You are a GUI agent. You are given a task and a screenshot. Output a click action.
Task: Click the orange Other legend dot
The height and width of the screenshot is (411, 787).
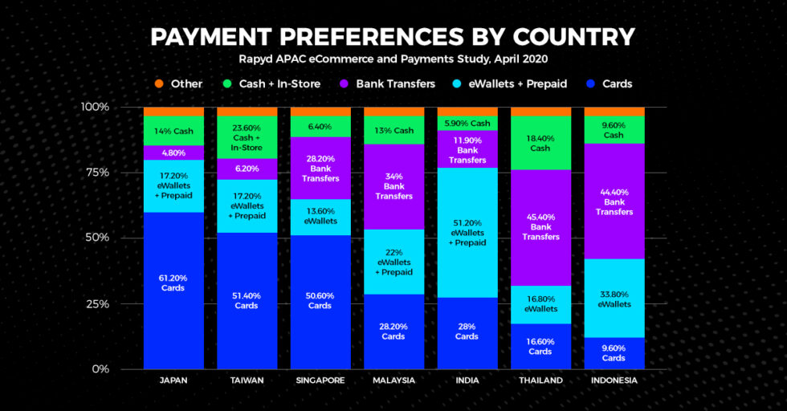159,83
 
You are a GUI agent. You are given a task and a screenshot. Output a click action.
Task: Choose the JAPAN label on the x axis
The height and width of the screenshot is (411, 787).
173,380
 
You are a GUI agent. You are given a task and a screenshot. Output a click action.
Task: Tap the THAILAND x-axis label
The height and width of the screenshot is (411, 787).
540,380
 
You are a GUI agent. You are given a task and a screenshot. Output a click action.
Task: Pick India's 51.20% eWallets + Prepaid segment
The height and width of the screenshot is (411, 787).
467,233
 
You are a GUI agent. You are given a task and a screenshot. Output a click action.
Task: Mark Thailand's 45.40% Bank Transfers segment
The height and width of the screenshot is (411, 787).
540,227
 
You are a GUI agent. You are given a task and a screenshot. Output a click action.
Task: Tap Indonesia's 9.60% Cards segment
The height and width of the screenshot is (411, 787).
614,353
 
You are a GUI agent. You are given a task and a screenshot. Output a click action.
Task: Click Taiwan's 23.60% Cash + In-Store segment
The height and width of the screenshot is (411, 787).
247,137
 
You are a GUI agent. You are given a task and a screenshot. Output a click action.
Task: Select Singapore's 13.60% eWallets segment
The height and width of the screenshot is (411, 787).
320,217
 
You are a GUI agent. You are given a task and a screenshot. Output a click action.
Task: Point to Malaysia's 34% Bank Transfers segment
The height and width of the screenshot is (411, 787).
393,186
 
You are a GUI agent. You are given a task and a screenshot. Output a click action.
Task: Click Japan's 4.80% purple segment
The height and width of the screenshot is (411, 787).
173,153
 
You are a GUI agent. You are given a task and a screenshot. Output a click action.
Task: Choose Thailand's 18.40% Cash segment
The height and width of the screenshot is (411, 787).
540,143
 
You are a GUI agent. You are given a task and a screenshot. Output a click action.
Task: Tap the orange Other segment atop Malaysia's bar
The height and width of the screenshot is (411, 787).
393,112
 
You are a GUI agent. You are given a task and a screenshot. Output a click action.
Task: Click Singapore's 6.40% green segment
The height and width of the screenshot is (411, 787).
320,127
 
